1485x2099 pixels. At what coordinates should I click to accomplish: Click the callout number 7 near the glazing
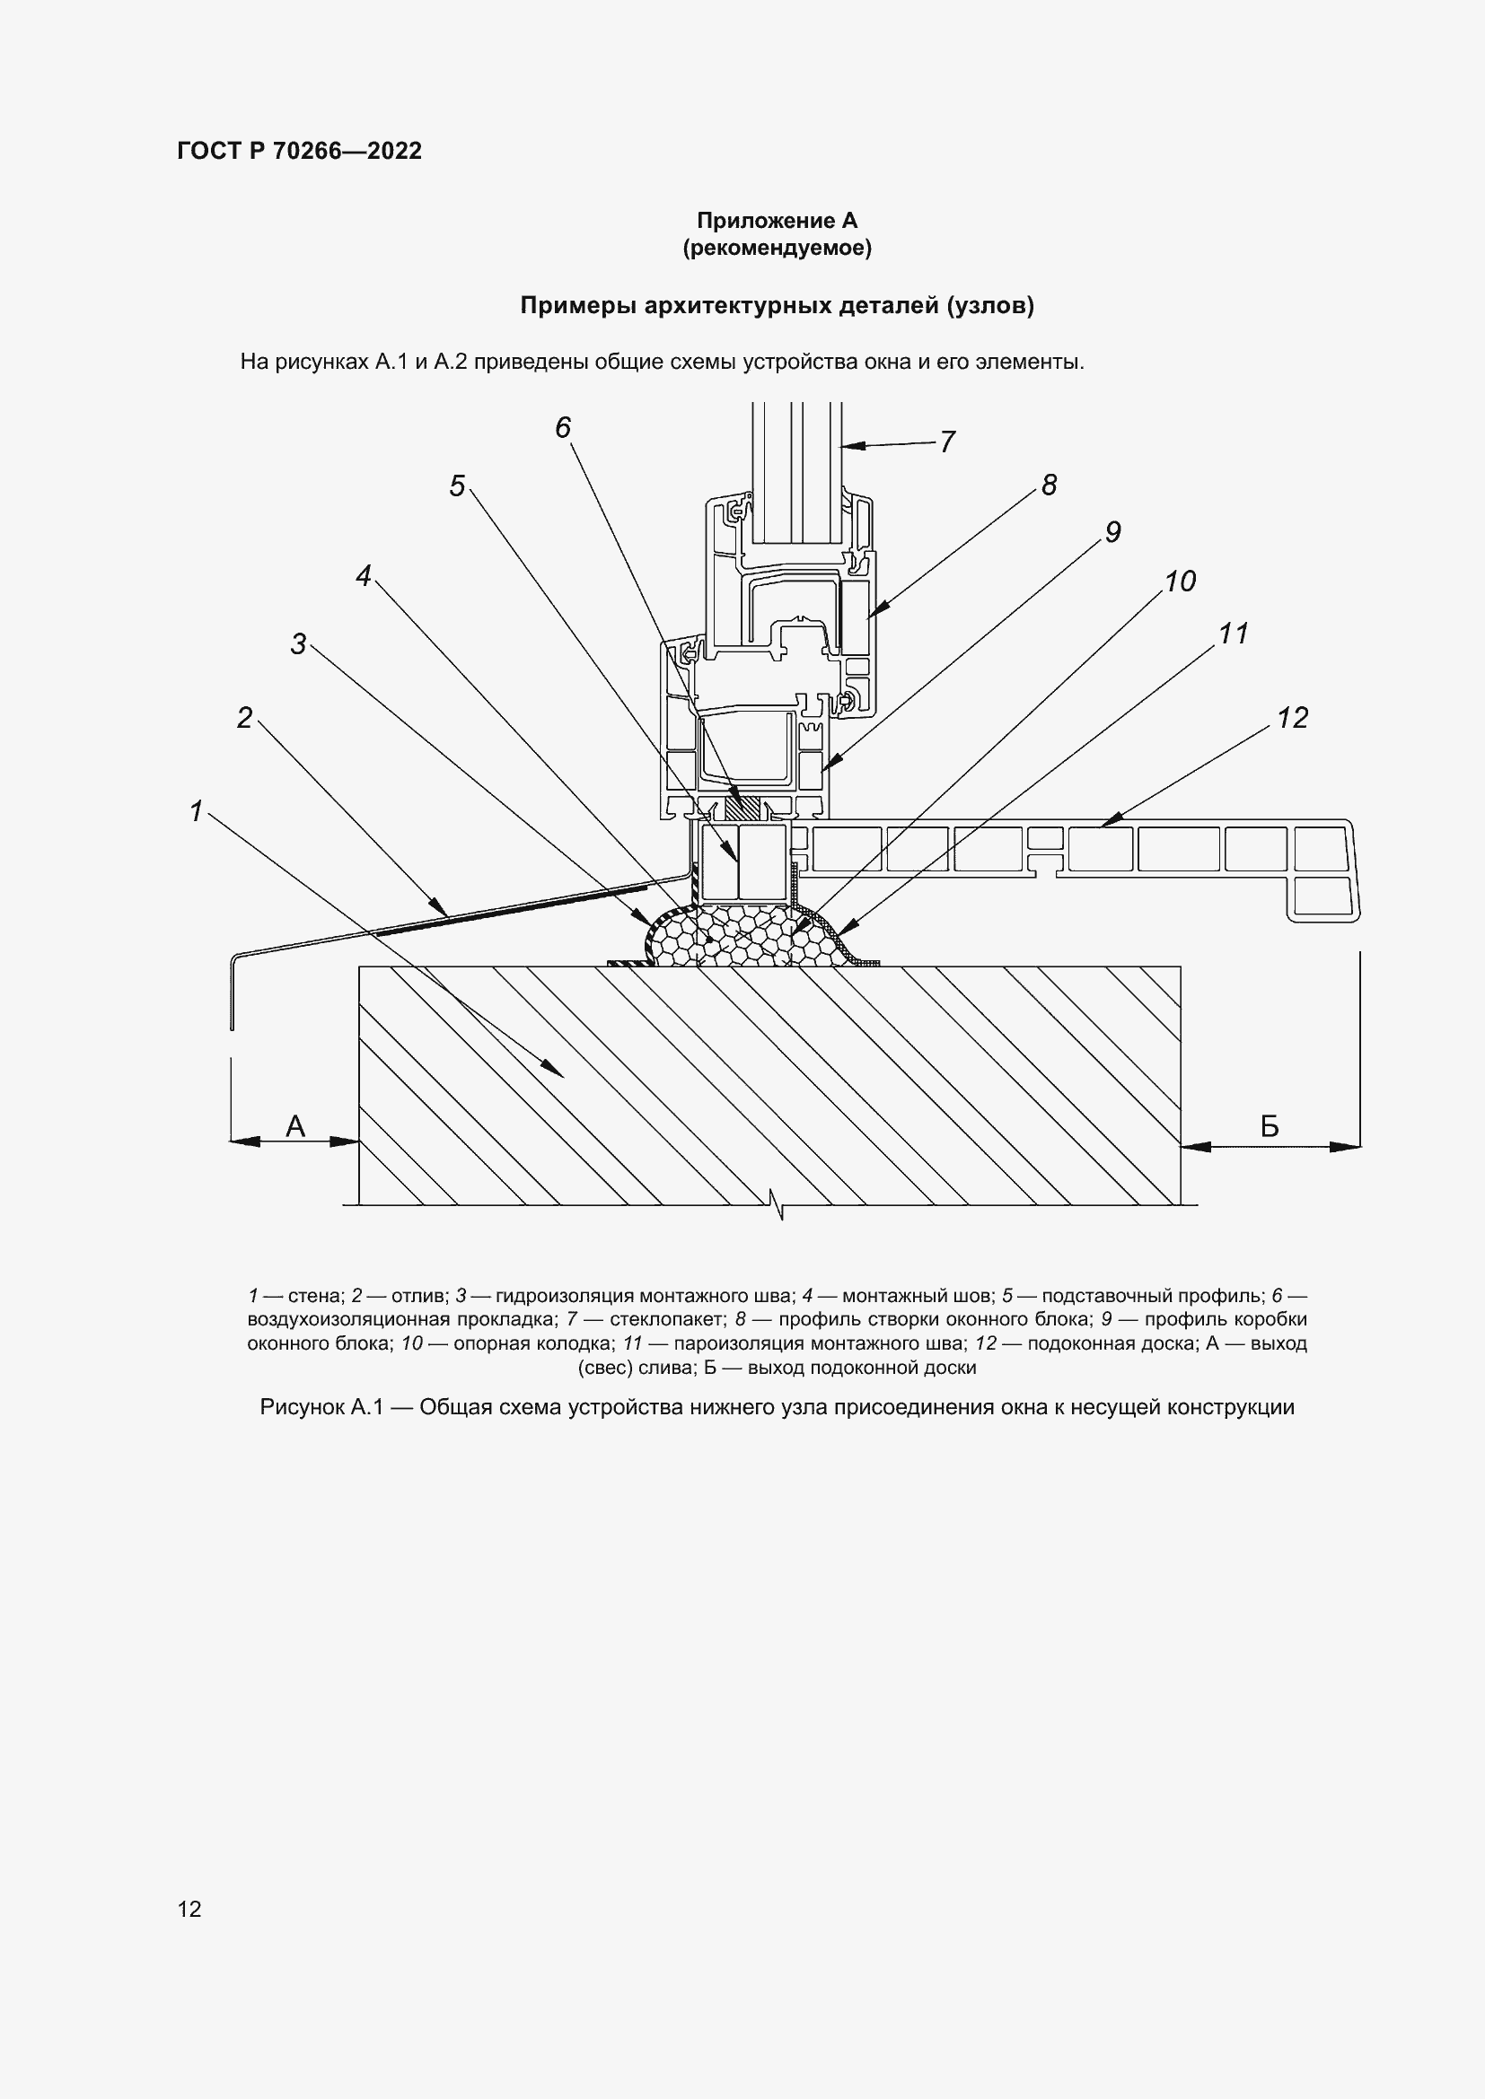click(x=947, y=442)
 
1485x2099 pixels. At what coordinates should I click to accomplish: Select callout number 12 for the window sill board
click(x=1292, y=718)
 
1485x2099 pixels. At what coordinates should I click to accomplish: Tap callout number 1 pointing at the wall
click(x=196, y=810)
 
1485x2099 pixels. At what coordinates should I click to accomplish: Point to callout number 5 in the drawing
click(x=457, y=485)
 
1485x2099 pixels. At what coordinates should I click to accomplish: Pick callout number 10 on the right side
click(x=1180, y=582)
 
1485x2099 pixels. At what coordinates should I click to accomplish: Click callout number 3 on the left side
click(x=298, y=644)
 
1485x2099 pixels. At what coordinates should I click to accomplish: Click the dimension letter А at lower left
click(x=294, y=1126)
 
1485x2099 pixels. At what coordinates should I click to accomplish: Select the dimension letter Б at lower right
click(x=1270, y=1126)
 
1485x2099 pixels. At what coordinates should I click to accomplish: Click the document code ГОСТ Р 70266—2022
click(x=299, y=151)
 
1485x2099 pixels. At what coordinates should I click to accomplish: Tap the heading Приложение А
click(x=777, y=221)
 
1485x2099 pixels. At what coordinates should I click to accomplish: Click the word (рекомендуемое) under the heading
click(x=777, y=248)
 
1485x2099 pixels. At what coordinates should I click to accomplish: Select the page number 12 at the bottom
click(x=189, y=1908)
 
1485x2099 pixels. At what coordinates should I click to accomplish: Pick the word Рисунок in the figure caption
click(x=300, y=1407)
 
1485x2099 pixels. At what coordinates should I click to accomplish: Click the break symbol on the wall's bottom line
click(x=778, y=1206)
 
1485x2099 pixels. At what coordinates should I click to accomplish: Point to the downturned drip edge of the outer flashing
click(x=233, y=992)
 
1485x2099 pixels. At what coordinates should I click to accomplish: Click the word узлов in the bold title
click(x=991, y=305)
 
